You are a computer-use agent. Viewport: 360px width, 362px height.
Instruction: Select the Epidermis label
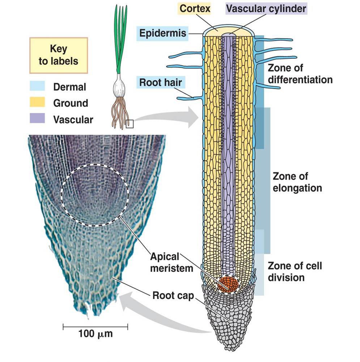[x=163, y=34]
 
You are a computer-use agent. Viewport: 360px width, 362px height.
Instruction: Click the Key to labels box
[x=58, y=55]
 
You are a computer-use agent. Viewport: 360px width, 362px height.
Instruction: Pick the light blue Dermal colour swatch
[x=37, y=87]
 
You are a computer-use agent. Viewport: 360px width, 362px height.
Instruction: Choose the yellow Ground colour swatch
[x=37, y=103]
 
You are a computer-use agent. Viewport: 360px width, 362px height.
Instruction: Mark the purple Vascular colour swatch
[x=37, y=119]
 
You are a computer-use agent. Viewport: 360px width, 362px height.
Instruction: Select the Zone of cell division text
[x=295, y=272]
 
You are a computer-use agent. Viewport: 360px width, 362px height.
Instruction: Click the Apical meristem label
[x=165, y=262]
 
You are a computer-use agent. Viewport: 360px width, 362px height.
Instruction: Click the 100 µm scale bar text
[x=95, y=333]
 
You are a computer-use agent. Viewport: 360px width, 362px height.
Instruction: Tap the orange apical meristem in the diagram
[x=228, y=284]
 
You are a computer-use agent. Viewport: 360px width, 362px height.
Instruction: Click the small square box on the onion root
[x=130, y=124]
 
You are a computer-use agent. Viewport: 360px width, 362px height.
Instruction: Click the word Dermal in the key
[x=69, y=87]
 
